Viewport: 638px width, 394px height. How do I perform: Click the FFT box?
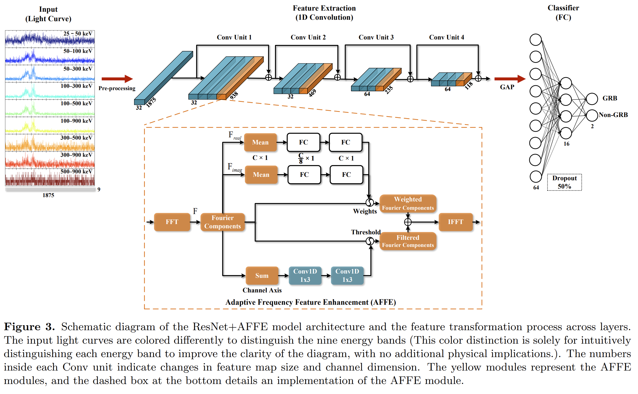coord(172,222)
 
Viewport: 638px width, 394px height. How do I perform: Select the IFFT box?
coord(455,222)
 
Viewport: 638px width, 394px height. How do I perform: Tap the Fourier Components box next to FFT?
coord(222,222)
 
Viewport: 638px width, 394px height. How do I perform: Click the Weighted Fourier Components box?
coord(408,203)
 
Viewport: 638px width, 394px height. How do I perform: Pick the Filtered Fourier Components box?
coord(408,241)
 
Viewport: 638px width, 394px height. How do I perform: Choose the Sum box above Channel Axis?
coord(262,276)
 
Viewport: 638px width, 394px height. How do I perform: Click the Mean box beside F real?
coord(260,142)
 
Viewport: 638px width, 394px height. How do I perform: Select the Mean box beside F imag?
coord(261,175)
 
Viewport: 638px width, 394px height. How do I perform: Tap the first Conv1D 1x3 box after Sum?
coord(305,276)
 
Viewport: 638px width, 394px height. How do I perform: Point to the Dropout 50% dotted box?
coord(564,182)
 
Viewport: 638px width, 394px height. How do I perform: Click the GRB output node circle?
coord(592,99)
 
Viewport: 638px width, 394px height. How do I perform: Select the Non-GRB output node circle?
coord(592,115)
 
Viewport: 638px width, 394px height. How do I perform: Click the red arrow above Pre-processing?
coord(117,79)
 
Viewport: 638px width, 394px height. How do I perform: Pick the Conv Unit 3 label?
coord(376,37)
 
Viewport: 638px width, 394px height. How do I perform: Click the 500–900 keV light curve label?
coord(76,171)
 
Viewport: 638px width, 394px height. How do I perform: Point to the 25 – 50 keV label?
coord(78,34)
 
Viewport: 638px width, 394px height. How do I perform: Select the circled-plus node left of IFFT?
coord(408,222)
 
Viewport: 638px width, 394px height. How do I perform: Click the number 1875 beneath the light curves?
coord(48,195)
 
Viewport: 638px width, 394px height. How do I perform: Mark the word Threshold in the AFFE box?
coord(366,232)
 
